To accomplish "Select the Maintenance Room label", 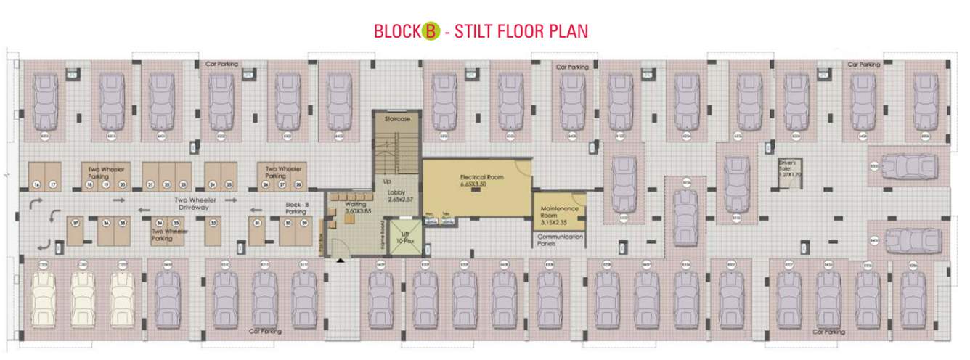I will tap(559, 211).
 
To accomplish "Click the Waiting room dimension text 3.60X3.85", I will tap(356, 211).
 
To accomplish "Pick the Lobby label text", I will tap(397, 192).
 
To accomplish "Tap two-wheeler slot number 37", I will tap(74, 223).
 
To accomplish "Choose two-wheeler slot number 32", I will tap(213, 223).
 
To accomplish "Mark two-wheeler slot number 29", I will tap(305, 223).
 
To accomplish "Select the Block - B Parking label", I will tap(297, 208).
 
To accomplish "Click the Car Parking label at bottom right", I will tap(828, 332).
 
